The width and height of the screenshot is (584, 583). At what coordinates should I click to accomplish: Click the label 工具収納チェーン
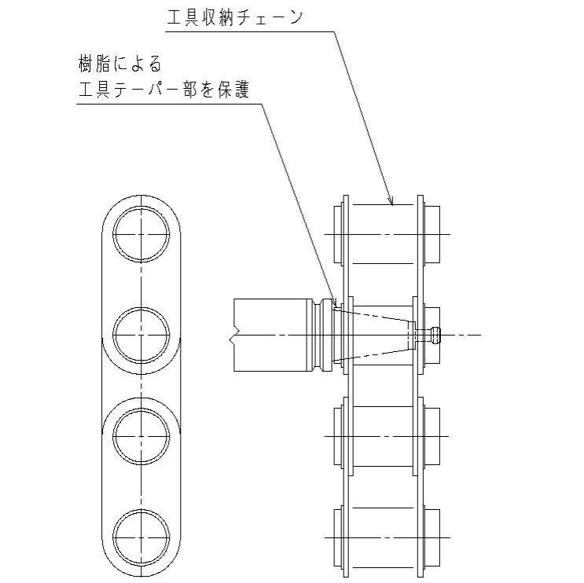pos(235,17)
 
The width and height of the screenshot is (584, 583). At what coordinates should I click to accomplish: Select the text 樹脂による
pos(120,64)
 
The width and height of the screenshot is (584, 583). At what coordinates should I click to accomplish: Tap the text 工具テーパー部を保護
pos(163,90)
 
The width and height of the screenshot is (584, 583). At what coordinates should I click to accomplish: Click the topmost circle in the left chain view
pos(141,234)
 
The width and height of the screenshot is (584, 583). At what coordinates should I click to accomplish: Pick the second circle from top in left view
pos(141,335)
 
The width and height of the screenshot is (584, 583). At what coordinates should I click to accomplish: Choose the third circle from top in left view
pos(141,436)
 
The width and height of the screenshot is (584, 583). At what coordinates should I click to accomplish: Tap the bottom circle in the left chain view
pos(141,537)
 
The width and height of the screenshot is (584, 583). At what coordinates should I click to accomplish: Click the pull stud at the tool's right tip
pos(435,335)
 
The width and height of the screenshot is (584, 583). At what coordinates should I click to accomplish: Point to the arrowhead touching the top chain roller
pos(391,201)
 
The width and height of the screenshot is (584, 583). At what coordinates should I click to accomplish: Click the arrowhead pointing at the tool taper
pos(334,302)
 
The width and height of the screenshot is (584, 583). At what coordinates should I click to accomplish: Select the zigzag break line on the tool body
pos(233,335)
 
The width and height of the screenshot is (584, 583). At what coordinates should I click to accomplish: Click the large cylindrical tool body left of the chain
pos(270,335)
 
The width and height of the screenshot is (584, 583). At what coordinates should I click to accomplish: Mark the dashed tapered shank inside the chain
pos(375,335)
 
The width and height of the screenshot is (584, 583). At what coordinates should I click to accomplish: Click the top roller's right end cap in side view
pos(432,234)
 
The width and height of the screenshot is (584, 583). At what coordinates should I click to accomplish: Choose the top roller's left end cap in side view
pos(338,234)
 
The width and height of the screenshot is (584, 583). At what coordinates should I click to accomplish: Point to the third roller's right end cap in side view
pos(432,436)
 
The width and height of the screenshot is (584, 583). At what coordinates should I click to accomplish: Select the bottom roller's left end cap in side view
pos(338,537)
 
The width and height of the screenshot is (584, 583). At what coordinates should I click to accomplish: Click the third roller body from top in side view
pos(383,436)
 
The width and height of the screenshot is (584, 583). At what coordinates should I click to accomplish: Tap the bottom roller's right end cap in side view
pos(432,537)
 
